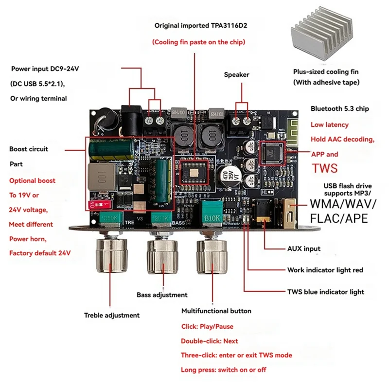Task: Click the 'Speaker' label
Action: pos(236,74)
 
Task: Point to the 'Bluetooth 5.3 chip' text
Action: pos(339,109)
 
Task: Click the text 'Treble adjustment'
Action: pos(111,315)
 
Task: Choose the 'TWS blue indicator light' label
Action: pos(326,292)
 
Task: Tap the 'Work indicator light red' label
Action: pos(325,270)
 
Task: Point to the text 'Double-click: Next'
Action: pos(210,341)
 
